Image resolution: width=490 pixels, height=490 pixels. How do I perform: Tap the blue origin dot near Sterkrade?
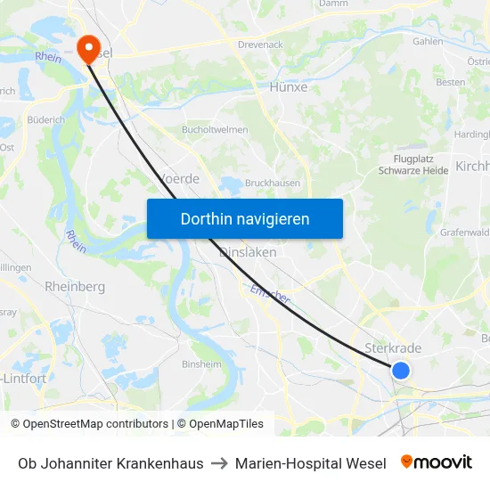pos(401,370)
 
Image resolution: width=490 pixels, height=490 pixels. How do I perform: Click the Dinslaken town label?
pos(248,252)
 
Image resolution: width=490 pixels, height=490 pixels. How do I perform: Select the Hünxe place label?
pos(288,87)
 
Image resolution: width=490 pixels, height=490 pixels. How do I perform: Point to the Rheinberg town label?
pos(75,287)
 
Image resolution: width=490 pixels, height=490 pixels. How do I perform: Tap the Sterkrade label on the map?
pos(393,348)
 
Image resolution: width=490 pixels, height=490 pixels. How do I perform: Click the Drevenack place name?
pos(260,44)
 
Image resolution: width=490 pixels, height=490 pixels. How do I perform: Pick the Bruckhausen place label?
pos(272,183)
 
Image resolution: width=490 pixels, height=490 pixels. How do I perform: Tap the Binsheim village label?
pos(201,364)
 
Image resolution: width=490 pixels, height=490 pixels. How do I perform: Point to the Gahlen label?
pos(428,41)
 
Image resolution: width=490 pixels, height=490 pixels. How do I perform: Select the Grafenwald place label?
pos(464,233)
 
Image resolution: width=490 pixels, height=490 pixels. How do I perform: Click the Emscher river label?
pos(269,295)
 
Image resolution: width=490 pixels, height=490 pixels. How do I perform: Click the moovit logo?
pos(437,462)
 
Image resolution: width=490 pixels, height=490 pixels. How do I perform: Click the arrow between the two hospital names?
pos(219,463)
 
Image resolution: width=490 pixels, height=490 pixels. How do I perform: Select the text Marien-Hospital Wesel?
pos(311,463)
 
